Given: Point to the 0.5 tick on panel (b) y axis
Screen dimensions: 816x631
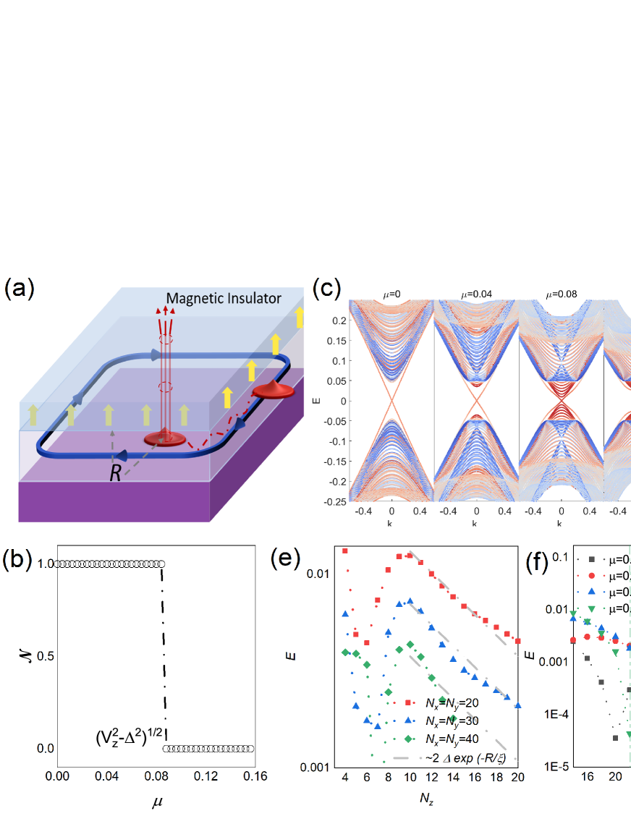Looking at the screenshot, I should coord(42,656).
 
